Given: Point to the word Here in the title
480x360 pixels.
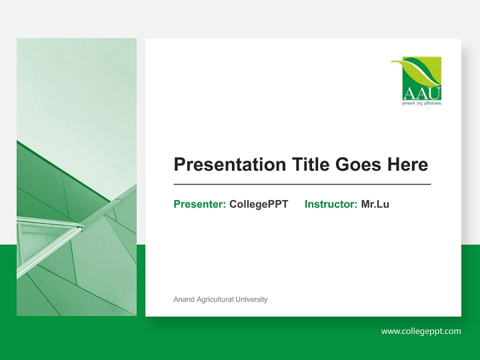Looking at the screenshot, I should coord(407,164).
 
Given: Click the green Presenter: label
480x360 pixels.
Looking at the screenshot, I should coord(199,204).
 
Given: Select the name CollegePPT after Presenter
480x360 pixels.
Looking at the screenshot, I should coord(258,204).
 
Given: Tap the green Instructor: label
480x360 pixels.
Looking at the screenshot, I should coord(330,204).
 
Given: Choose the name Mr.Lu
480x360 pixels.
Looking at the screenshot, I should coord(375,204).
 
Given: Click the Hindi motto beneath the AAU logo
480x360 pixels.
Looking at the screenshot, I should coord(416,103).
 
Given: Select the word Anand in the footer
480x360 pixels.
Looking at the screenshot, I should coord(183,299).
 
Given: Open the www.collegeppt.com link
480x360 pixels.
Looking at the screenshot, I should coord(421,331).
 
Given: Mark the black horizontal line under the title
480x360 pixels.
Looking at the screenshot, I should coord(302,184).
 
